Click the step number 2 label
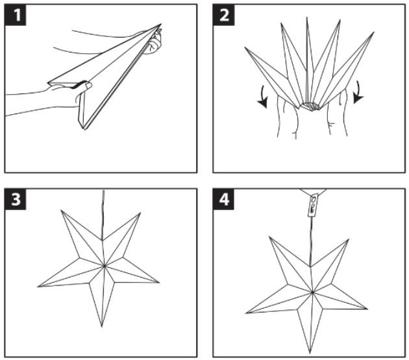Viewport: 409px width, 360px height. coord(224,15)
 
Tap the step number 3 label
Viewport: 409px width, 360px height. coord(16,199)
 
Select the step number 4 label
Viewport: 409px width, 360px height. coord(224,199)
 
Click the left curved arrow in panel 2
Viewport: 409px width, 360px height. coord(264,97)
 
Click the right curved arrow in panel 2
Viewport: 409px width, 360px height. coord(358,93)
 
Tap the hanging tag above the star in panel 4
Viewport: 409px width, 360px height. coord(313,204)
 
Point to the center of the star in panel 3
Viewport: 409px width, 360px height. coord(105,266)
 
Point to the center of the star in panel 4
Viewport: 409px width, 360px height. coord(312,293)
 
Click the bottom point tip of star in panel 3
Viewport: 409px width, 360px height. coord(102,326)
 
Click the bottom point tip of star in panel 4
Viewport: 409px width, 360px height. coord(310,354)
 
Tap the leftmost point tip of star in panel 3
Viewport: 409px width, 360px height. coord(38,287)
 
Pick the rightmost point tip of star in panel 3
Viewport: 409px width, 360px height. coord(159,282)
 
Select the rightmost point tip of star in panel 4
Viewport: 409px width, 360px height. coord(367,309)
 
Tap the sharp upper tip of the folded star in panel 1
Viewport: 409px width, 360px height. coord(161,24)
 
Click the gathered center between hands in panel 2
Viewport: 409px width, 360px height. coord(310,106)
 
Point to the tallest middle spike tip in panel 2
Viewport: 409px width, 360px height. coord(307,18)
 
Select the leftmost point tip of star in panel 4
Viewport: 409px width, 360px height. coord(247,313)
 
